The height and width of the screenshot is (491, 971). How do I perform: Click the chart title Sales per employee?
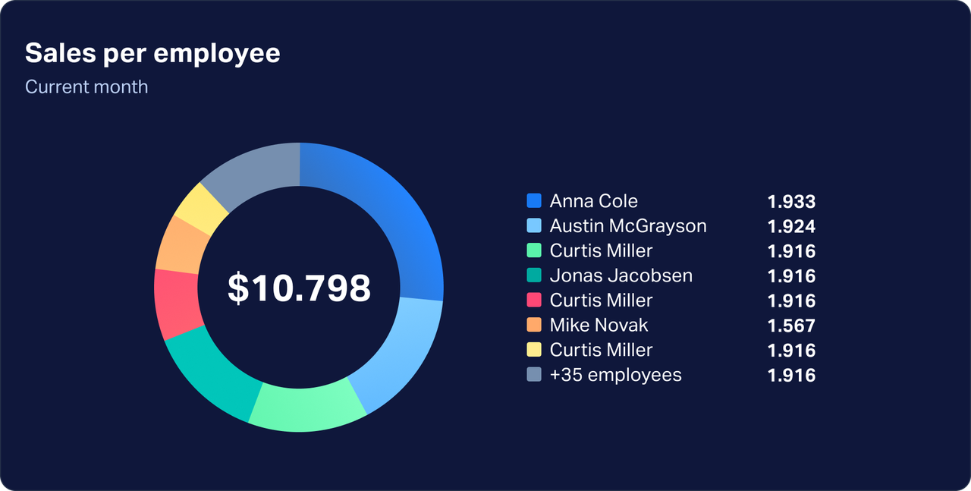click(152, 54)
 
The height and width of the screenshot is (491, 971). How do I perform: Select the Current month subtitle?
click(86, 87)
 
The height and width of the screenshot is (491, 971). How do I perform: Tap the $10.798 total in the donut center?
click(299, 288)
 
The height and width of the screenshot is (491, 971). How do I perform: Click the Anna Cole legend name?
click(593, 201)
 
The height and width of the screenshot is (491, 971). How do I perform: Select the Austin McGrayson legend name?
click(627, 226)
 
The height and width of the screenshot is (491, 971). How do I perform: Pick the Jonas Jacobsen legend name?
click(621, 275)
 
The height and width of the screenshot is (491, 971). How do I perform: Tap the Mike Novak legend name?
click(599, 326)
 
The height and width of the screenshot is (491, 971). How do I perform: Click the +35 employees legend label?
click(615, 375)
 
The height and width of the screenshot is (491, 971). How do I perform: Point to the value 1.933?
click(791, 202)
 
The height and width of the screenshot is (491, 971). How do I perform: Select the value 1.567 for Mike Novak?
click(791, 326)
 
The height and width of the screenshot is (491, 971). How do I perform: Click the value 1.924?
click(791, 226)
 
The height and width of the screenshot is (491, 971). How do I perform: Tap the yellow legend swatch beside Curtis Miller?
click(534, 350)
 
